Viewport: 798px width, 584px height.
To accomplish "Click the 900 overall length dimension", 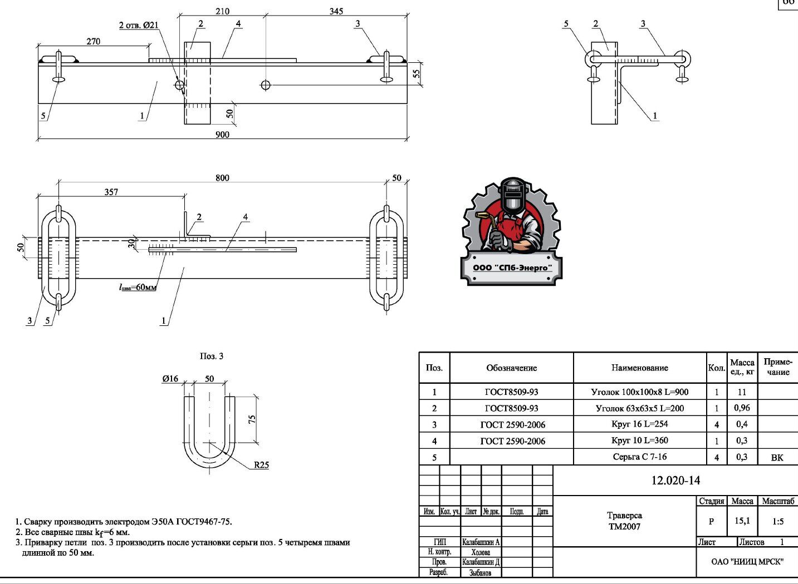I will pos(222,134).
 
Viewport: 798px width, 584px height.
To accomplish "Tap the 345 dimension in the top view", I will pos(336,11).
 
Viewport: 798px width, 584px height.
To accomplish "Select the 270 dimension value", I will pos(94,41).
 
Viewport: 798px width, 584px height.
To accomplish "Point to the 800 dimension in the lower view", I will pos(222,178).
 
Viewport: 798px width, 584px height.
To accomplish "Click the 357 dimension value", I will pos(111,192).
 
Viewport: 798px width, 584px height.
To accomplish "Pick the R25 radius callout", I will pos(261,465).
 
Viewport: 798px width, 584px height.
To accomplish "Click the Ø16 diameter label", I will pos(170,379).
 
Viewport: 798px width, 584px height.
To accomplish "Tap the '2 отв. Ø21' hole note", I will pos(139,25).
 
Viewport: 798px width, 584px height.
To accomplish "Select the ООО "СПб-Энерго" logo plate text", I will pos(512,268).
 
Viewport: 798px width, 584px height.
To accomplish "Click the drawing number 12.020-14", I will pos(675,481).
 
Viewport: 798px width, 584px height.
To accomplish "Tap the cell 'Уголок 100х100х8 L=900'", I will pos(639,392).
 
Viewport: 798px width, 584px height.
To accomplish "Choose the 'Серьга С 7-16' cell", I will pos(639,457).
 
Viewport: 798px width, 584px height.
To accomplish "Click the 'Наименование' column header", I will pos(639,368).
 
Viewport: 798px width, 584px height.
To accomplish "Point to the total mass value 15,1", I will pos(742,521).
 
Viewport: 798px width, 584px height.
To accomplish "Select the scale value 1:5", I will pos(778,522).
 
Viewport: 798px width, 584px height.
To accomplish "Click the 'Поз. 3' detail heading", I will pos(212,356).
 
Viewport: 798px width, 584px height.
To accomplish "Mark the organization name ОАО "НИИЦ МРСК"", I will pos(747,562).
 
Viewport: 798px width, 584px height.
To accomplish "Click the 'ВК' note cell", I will pos(777,458).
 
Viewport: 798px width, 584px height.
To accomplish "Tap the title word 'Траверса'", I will pos(624,516).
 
